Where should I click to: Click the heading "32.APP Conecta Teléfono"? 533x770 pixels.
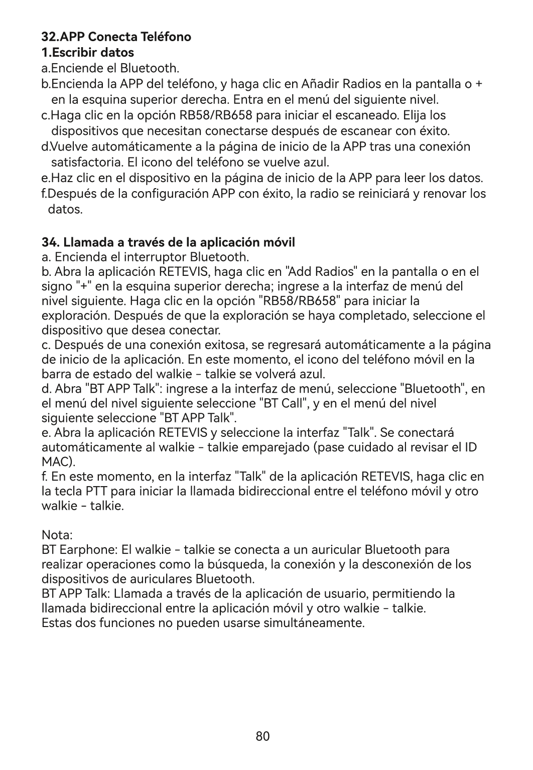click(116, 37)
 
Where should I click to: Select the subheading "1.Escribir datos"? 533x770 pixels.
click(87, 52)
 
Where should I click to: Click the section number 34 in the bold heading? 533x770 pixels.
click(49, 243)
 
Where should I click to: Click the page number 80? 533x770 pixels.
click(262, 736)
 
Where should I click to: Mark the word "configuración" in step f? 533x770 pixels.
click(170, 194)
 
